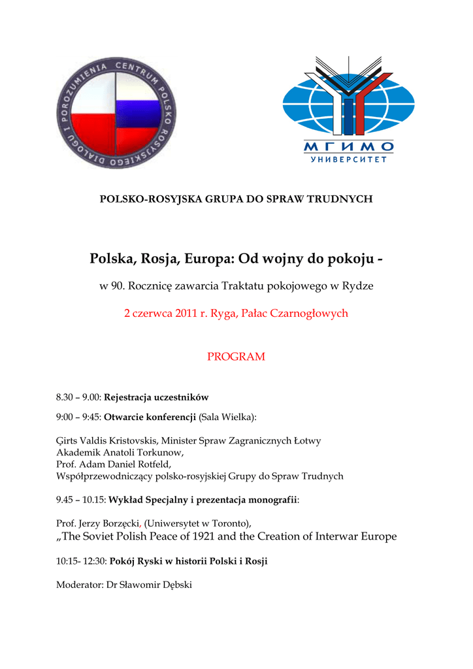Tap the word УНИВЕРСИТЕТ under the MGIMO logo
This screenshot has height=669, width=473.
click(348, 159)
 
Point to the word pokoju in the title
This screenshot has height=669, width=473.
click(346, 259)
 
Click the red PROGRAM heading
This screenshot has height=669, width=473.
click(236, 357)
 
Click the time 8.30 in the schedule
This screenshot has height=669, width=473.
click(65, 397)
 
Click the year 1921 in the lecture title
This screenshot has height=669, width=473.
click(212, 536)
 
